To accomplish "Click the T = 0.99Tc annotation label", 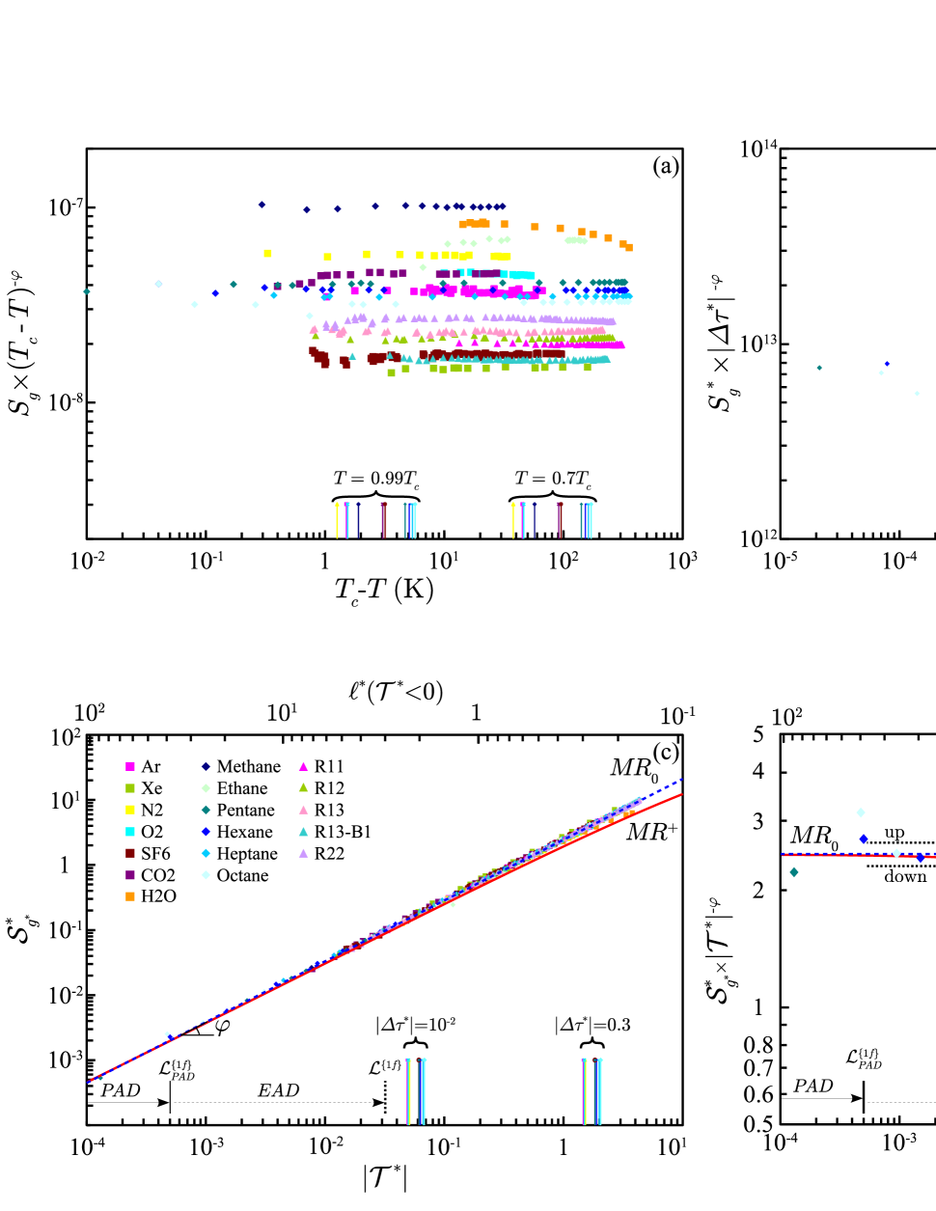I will coord(376,480).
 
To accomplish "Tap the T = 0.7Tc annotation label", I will coord(553,480).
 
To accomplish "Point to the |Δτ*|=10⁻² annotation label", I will coord(416,1026).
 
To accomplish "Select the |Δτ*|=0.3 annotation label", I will coord(592,1026).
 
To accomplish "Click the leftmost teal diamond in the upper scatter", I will coord(87,291).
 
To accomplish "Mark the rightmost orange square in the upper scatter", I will coord(629,248).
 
